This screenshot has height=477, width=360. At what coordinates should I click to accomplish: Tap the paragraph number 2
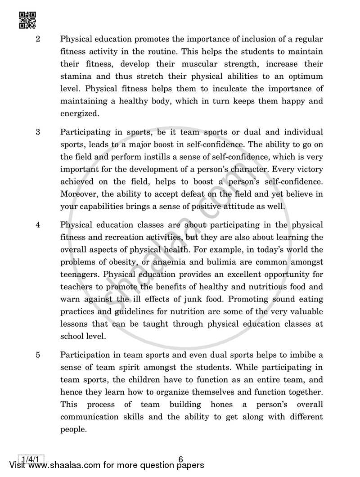click(38, 39)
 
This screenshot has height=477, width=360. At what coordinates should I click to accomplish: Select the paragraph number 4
click(38, 225)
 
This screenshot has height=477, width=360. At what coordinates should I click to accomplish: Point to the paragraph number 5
click(38, 355)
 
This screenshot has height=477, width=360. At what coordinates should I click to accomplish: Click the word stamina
click(75, 76)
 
